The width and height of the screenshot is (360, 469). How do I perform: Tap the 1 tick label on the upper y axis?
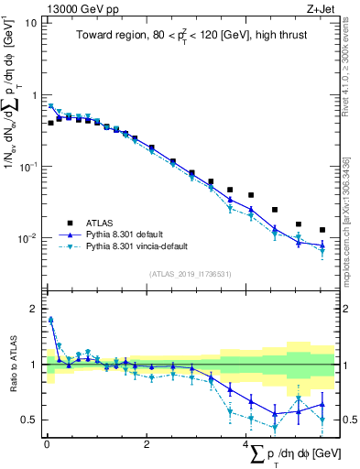pyautogui.click(x=31, y=95)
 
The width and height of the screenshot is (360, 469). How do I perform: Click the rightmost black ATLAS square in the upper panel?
pyautogui.click(x=322, y=230)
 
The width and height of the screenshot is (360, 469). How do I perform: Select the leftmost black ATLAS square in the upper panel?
pyautogui.click(x=51, y=123)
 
